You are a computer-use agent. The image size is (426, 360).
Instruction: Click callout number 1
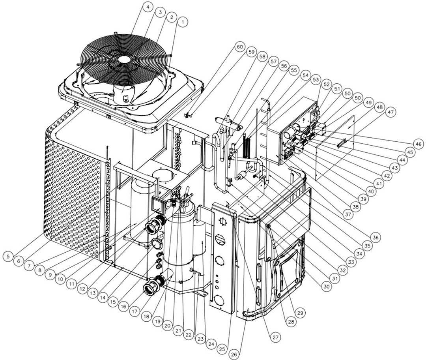[182, 22]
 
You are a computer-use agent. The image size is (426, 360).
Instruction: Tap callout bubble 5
[8, 256]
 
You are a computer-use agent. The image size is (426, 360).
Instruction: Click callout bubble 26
[234, 354]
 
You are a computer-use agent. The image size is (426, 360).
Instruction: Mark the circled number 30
[326, 286]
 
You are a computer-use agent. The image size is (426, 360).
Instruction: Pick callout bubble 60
[239, 47]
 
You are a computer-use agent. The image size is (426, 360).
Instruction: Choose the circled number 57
[273, 62]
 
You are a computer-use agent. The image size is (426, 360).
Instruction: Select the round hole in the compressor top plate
[164, 175]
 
